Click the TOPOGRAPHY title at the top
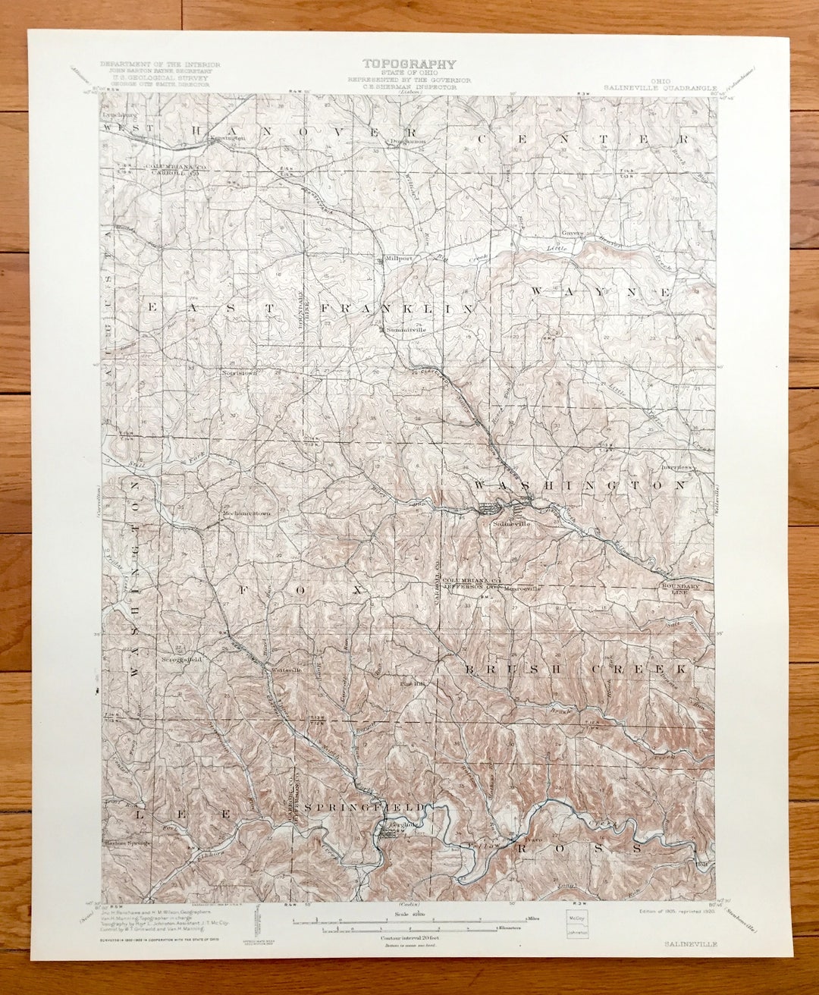[x=409, y=64]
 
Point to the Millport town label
[x=399, y=259]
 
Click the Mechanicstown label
[x=246, y=513]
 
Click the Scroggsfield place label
[x=181, y=660]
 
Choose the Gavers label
[x=571, y=233]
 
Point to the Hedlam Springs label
[x=127, y=843]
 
